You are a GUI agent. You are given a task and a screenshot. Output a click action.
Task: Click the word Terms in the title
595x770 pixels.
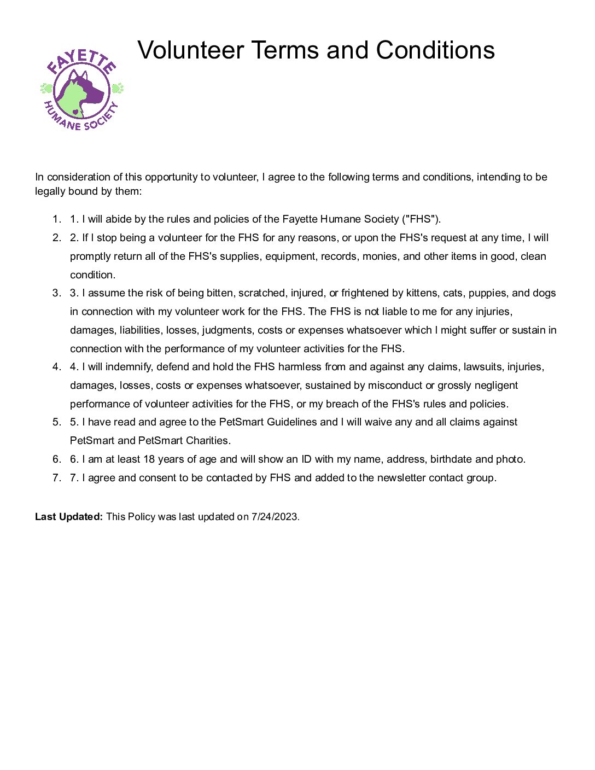pos(285,50)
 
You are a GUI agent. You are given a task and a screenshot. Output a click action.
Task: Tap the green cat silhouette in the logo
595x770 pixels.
pos(71,98)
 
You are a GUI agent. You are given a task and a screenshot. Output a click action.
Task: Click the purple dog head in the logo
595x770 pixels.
pos(90,87)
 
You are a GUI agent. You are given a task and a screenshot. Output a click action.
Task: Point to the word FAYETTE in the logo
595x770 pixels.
pos(81,61)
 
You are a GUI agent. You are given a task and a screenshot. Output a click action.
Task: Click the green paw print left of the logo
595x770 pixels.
pos(46,88)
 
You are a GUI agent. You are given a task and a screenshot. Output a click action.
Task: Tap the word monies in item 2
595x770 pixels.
pos(380,256)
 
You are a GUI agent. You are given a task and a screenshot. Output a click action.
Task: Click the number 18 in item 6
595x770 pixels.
pos(149,459)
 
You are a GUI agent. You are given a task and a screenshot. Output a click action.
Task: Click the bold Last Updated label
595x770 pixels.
pos(69,516)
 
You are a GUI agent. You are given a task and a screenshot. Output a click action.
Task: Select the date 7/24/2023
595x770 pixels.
pos(275,516)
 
